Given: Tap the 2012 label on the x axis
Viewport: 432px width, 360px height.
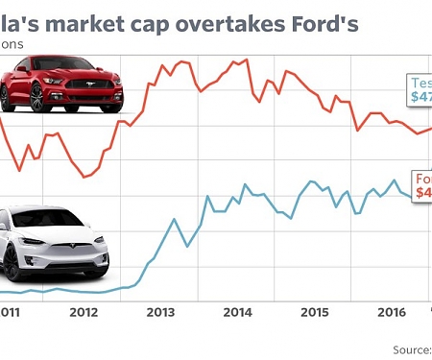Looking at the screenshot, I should coord(84,312).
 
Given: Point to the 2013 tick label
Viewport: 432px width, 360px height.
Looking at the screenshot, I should coord(159,312).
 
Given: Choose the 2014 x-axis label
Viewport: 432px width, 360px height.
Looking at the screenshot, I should coord(236,312).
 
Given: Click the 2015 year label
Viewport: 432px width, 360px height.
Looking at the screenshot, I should coord(314,312).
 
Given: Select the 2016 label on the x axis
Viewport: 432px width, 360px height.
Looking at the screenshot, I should coord(390,312).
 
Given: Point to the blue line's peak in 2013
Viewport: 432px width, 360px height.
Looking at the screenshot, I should coord(176,220).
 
